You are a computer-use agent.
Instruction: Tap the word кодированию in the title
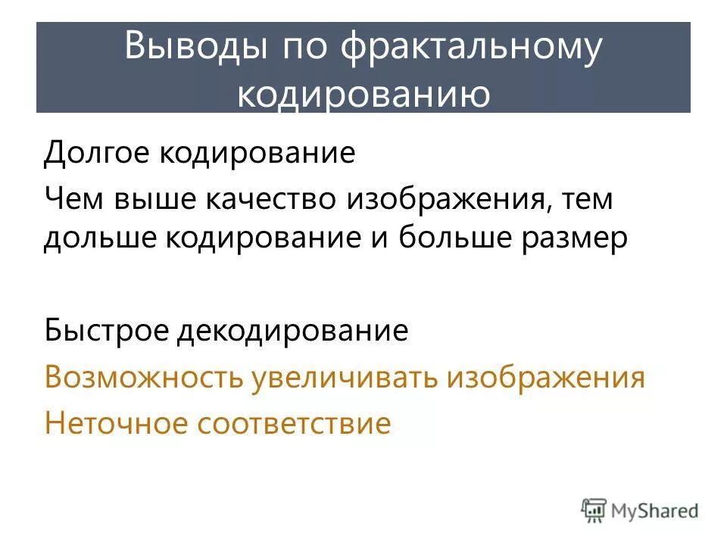click(x=363, y=95)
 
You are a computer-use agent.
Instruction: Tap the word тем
click(x=586, y=201)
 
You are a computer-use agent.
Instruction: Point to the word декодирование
click(x=293, y=331)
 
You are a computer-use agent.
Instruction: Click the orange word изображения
click(x=545, y=377)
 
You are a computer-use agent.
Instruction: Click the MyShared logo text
click(x=656, y=511)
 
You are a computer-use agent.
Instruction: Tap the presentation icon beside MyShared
click(x=594, y=510)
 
